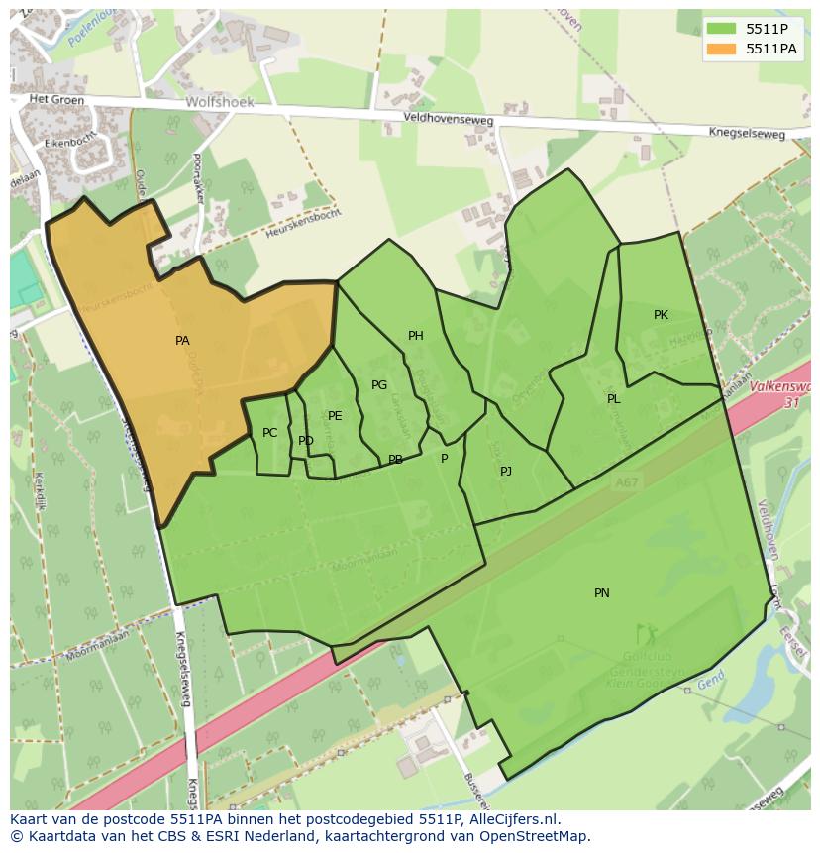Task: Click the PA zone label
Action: [x=182, y=341]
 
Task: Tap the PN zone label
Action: [x=601, y=593]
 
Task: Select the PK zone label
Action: [x=661, y=315]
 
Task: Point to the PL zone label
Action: [x=613, y=399]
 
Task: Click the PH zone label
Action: [x=416, y=336]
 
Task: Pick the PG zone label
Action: [x=379, y=385]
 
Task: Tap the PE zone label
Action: [x=335, y=416]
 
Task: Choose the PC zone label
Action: [x=269, y=433]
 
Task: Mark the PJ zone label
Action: [x=506, y=472]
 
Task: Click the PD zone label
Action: [x=305, y=441]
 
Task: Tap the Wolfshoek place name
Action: [x=220, y=102]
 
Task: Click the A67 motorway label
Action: [x=625, y=482]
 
